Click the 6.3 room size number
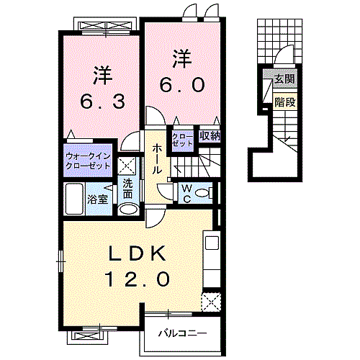click(x=102, y=102)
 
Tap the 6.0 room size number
click(x=182, y=85)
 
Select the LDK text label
click(x=138, y=253)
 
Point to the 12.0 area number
click(x=138, y=279)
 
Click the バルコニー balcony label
click(x=182, y=333)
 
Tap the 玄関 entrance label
click(x=284, y=78)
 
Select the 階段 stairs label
click(x=285, y=102)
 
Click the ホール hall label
click(x=156, y=158)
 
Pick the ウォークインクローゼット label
click(x=88, y=161)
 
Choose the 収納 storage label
click(x=210, y=136)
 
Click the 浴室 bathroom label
click(x=97, y=199)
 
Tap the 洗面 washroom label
click(x=127, y=189)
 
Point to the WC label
click(x=186, y=193)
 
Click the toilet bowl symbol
click(x=204, y=193)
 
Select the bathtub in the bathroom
click(x=74, y=199)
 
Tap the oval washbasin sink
click(x=129, y=210)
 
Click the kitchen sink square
click(x=212, y=243)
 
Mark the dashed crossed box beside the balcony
click(x=211, y=302)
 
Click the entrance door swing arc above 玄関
click(x=284, y=54)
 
